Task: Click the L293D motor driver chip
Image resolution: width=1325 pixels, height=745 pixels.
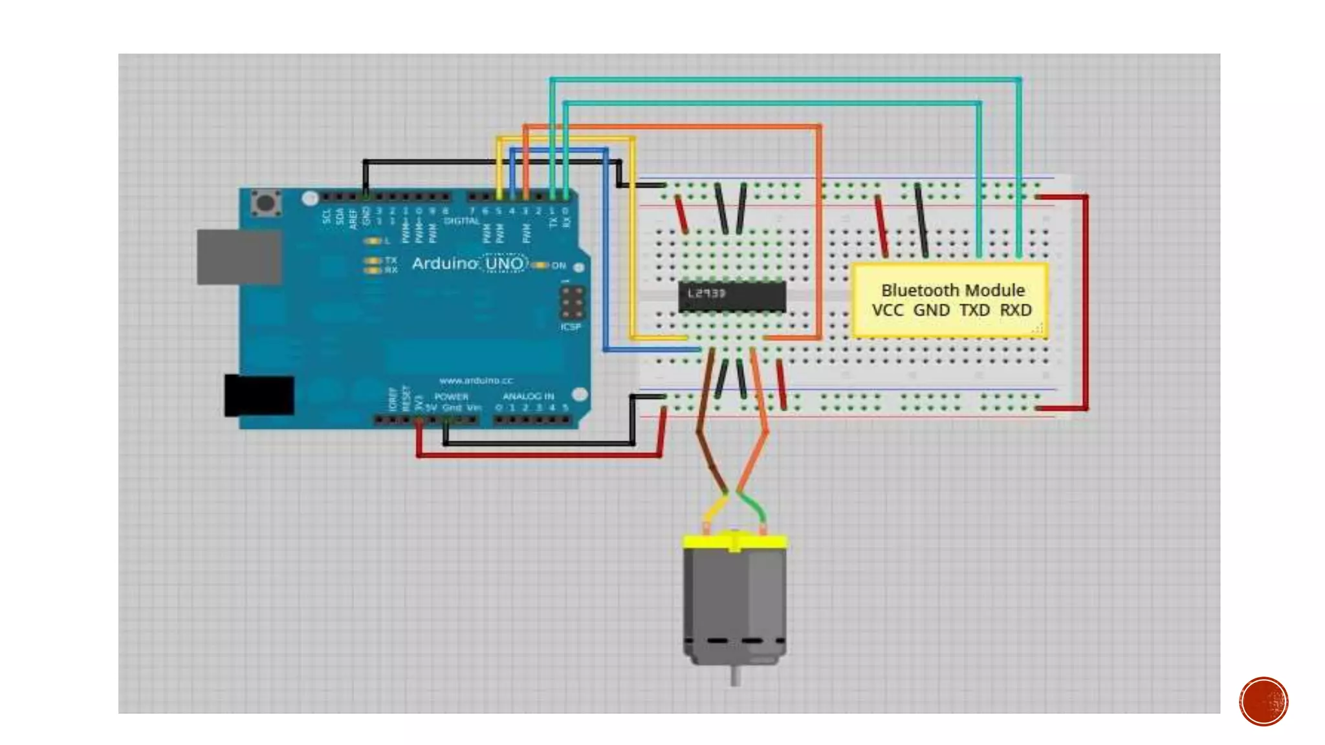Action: (x=732, y=296)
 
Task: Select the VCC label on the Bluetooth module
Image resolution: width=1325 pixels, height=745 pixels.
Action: (x=887, y=310)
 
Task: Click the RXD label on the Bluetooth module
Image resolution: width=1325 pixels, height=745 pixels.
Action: (x=1015, y=310)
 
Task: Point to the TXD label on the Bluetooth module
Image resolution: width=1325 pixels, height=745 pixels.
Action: (x=974, y=310)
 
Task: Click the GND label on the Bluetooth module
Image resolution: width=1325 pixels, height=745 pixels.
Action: (x=932, y=310)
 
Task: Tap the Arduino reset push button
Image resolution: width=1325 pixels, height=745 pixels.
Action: (x=265, y=202)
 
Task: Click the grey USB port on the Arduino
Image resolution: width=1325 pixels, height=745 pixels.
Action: (x=239, y=257)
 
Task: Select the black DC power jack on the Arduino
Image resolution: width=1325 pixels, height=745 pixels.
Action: (x=259, y=394)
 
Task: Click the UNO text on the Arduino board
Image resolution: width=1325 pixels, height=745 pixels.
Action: (x=505, y=264)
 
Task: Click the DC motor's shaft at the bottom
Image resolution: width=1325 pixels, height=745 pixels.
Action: (x=736, y=676)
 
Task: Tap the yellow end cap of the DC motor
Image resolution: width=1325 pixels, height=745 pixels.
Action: (x=735, y=541)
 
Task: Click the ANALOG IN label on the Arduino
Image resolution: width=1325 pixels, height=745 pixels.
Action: (x=528, y=396)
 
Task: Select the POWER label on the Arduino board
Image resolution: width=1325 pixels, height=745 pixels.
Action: (x=452, y=396)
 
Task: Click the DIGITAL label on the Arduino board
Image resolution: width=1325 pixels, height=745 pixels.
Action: (x=461, y=221)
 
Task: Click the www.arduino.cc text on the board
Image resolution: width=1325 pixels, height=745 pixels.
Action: (x=476, y=380)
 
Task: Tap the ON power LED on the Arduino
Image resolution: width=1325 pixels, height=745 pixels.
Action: (x=541, y=265)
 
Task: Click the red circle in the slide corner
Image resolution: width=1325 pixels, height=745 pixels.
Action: (x=1264, y=701)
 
